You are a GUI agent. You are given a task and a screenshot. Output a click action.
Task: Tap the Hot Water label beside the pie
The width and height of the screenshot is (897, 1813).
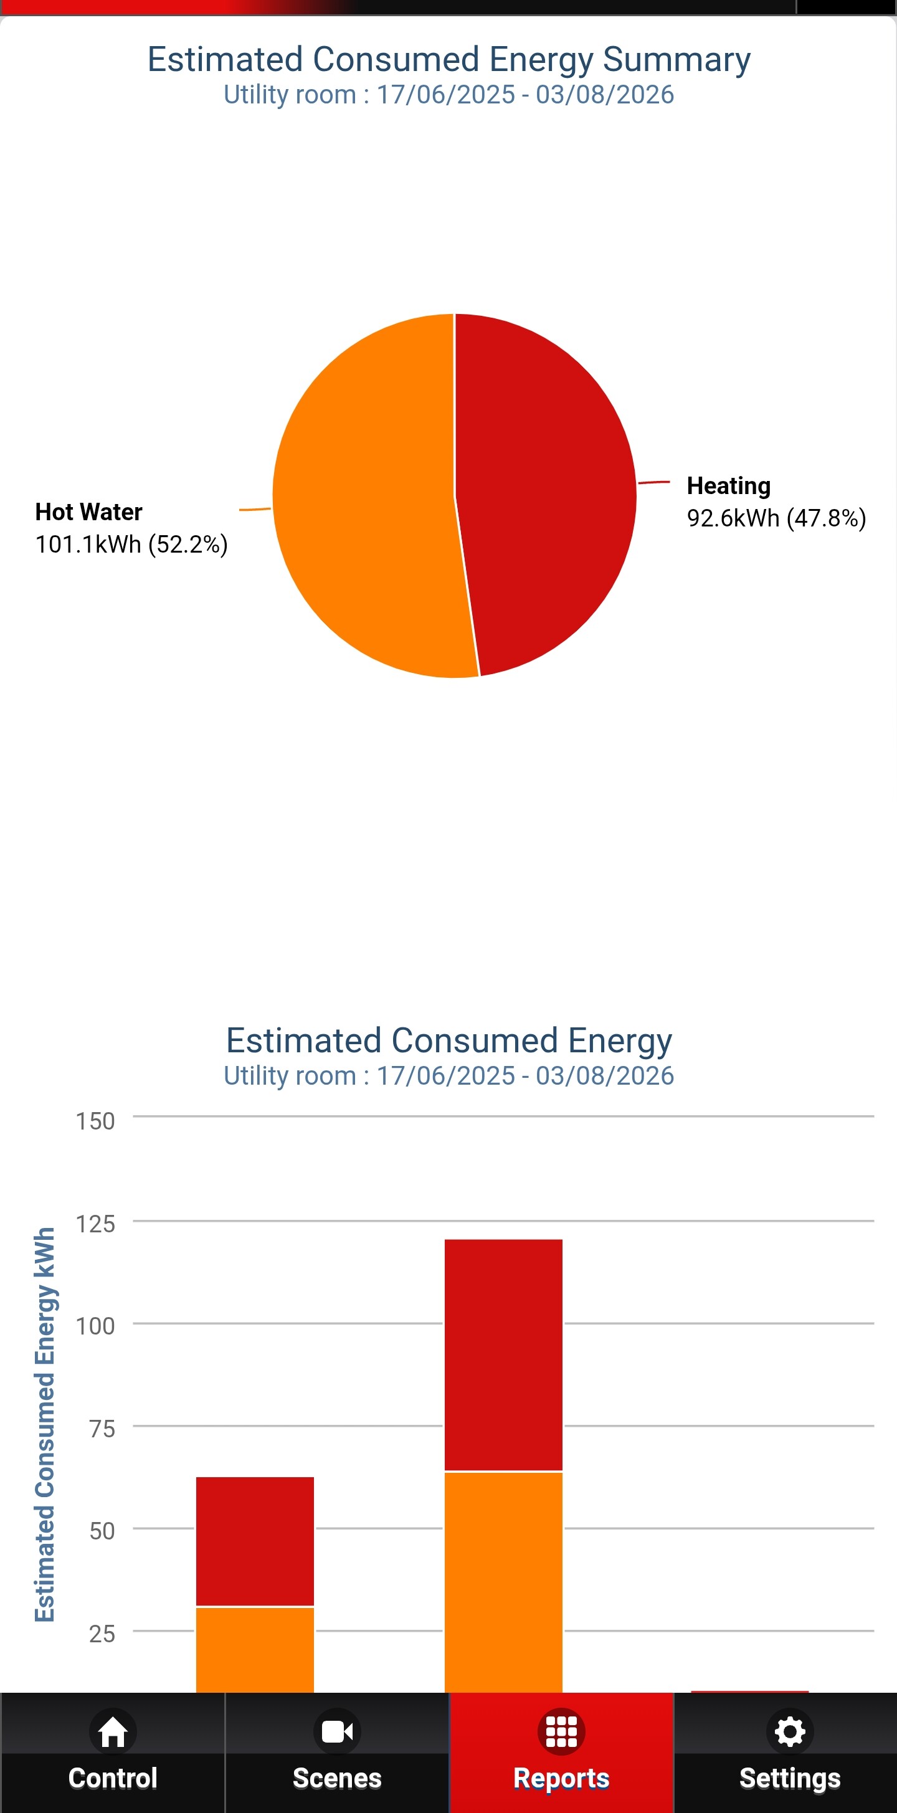(x=88, y=512)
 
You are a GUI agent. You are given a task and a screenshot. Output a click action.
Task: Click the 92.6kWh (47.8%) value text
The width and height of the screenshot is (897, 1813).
(x=777, y=518)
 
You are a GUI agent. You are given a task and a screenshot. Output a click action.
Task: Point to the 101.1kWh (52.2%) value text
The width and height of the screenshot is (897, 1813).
(x=131, y=544)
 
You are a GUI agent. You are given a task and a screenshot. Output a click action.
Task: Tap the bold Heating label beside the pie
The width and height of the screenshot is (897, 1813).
(x=729, y=485)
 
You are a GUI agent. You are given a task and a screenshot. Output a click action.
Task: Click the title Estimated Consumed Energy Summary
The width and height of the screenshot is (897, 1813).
(x=449, y=59)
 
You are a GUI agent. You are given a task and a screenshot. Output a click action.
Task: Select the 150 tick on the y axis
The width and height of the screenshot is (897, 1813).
(x=95, y=1121)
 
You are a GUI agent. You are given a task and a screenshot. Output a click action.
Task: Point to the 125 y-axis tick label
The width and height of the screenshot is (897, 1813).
(x=95, y=1224)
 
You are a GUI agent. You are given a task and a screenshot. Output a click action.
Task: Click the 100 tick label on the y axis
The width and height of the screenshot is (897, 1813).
(x=95, y=1326)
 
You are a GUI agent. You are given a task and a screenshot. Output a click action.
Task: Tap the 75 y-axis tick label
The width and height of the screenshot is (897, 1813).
(x=102, y=1429)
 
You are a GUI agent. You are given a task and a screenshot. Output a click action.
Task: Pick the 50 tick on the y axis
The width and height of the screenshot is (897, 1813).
(x=102, y=1531)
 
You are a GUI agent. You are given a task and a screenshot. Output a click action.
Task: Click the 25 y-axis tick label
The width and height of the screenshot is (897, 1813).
(x=102, y=1634)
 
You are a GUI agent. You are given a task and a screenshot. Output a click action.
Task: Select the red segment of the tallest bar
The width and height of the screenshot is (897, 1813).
(x=504, y=1355)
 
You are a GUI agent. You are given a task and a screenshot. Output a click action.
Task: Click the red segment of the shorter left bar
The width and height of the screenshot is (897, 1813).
(x=255, y=1541)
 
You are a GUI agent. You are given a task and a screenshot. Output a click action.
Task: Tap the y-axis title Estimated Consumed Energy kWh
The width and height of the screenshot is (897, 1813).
(x=45, y=1424)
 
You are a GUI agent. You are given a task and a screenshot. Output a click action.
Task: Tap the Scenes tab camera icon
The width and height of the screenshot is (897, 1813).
(x=337, y=1731)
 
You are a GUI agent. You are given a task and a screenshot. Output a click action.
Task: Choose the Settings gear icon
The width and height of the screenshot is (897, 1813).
(x=790, y=1731)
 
